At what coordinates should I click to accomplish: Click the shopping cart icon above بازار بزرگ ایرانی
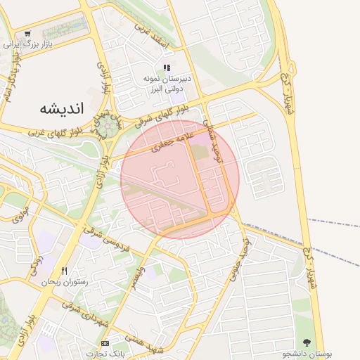27,33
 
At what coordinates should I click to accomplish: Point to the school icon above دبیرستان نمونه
167,68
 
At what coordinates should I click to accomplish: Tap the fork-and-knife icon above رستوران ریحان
65,271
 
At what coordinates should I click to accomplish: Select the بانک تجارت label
105,353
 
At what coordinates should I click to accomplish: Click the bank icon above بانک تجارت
105,343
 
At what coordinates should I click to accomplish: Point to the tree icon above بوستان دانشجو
306,342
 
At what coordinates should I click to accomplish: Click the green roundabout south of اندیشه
107,127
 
